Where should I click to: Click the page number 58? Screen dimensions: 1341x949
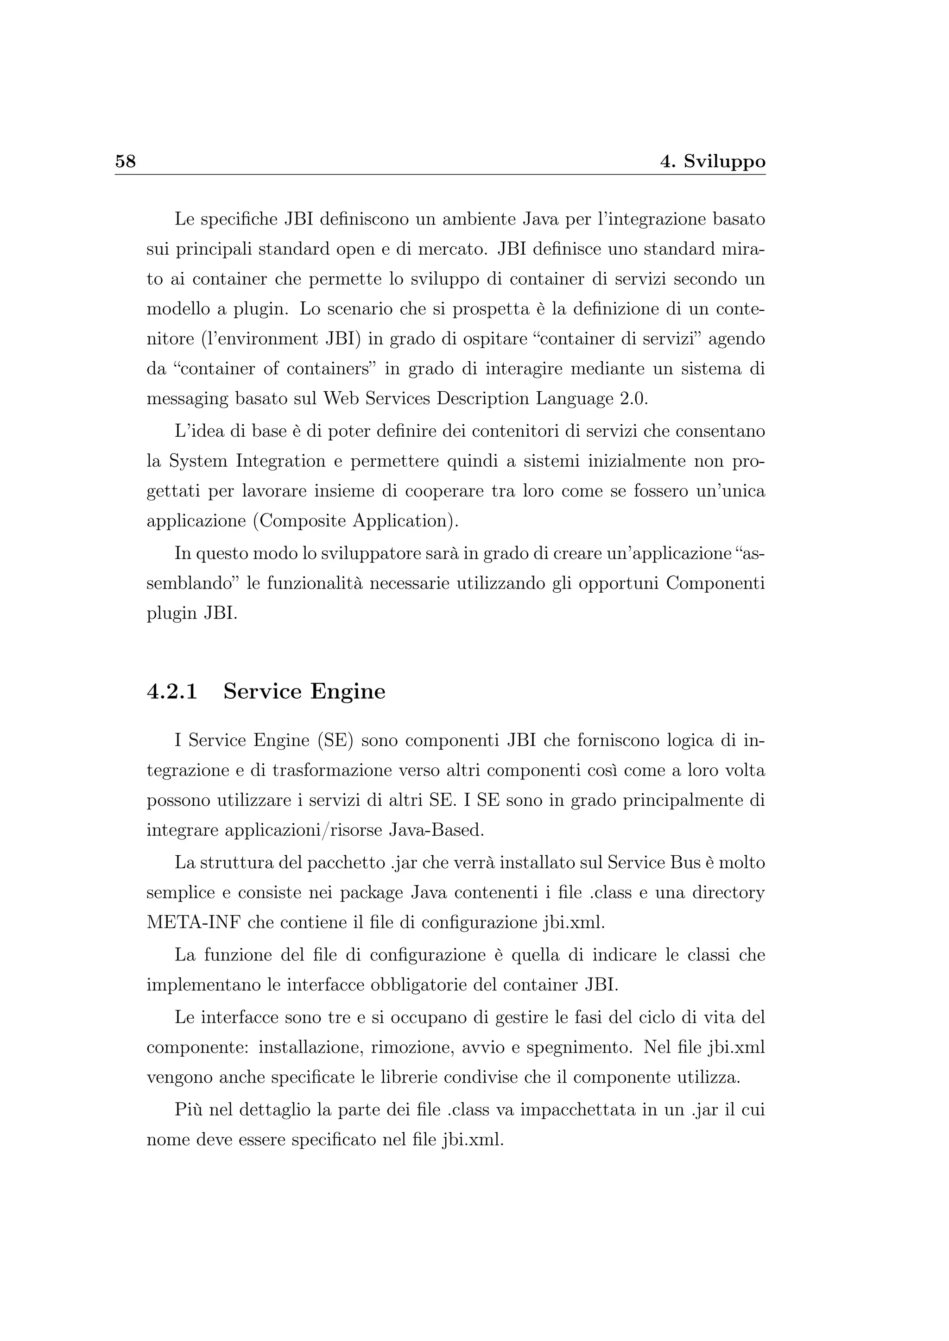125,161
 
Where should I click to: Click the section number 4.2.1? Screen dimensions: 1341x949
172,691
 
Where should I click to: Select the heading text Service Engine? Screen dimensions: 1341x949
304,691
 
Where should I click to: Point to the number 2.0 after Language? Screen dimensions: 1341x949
633,400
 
